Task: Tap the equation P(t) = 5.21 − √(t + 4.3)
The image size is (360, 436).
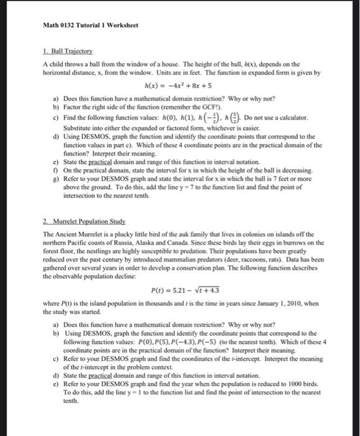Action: tap(185, 290)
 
